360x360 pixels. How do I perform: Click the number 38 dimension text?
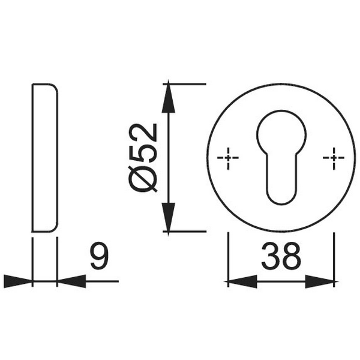(x=280, y=259)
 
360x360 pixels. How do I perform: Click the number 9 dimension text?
(x=99, y=257)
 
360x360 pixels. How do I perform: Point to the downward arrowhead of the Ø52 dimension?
(x=169, y=217)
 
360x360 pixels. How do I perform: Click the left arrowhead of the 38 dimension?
(x=240, y=281)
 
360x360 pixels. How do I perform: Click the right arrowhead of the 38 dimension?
(x=321, y=281)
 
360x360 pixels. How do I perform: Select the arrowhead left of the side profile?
(x=17, y=280)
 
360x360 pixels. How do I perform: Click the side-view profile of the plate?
(x=45, y=157)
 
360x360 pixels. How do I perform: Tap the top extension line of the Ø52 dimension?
(x=186, y=83)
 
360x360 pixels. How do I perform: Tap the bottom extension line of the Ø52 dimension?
(x=186, y=232)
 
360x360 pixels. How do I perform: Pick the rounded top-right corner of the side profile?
(x=55, y=88)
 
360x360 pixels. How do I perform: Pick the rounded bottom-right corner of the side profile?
(x=55, y=227)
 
